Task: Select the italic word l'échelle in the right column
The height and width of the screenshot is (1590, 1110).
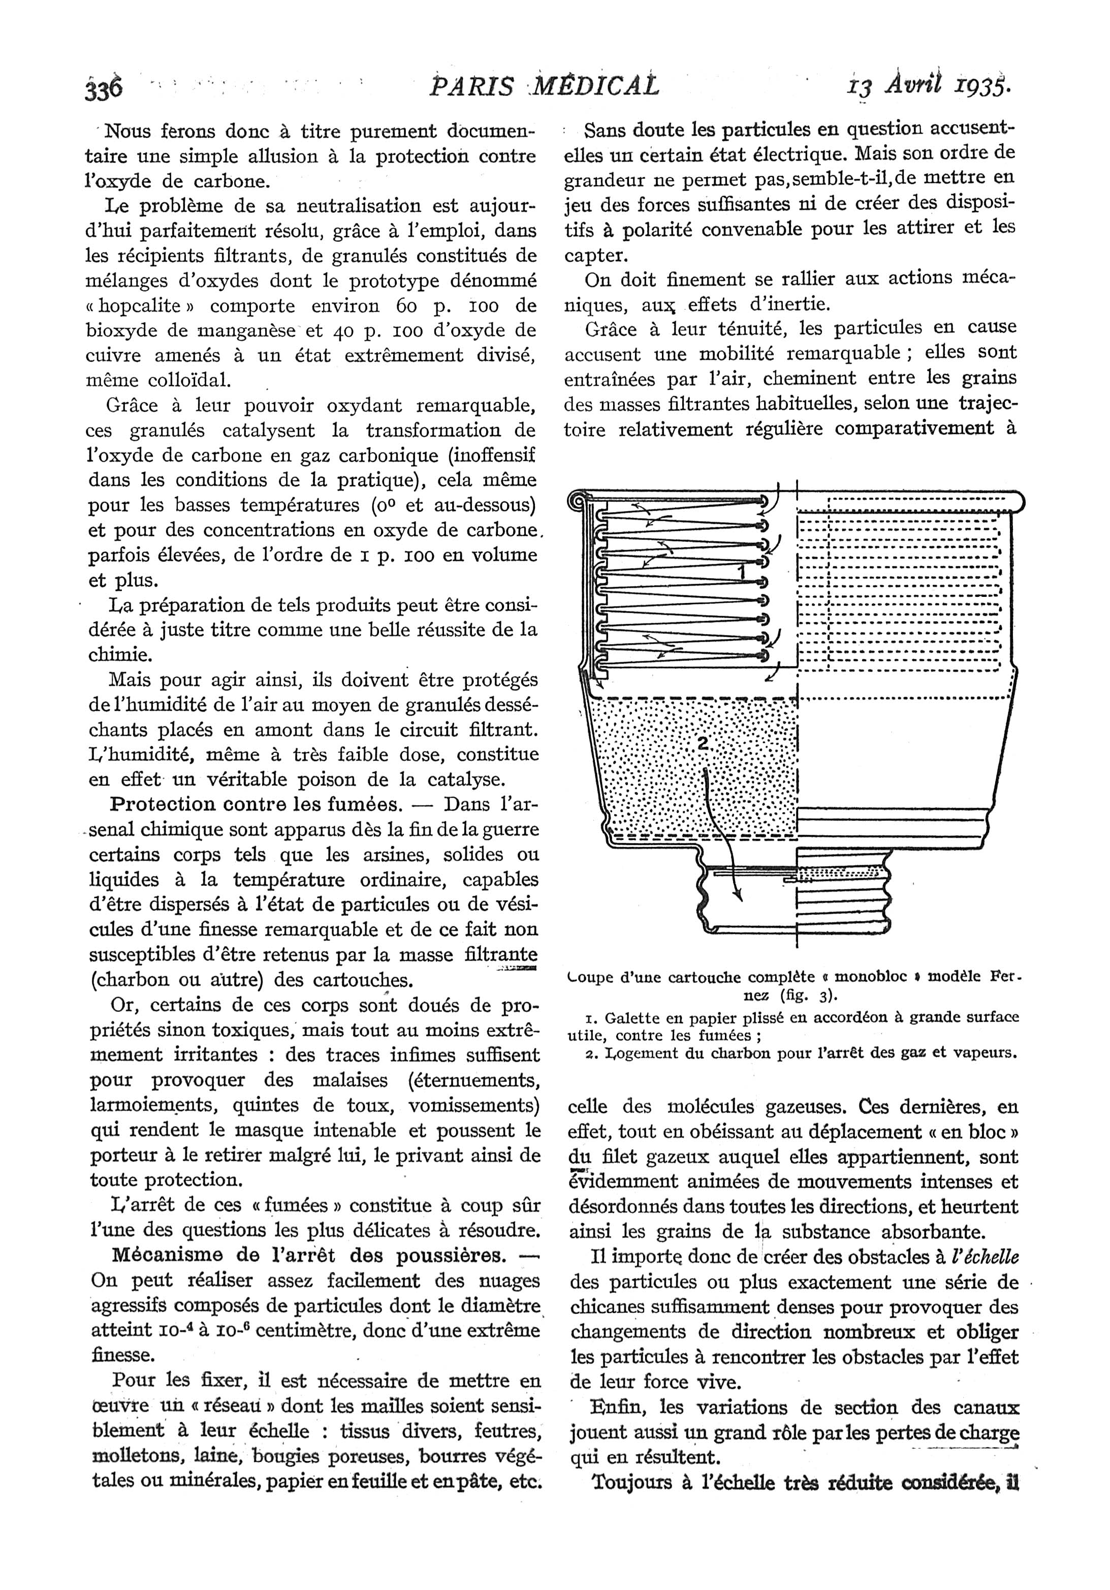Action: coord(986,1256)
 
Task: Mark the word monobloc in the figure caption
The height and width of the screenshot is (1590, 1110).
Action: coord(871,978)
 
